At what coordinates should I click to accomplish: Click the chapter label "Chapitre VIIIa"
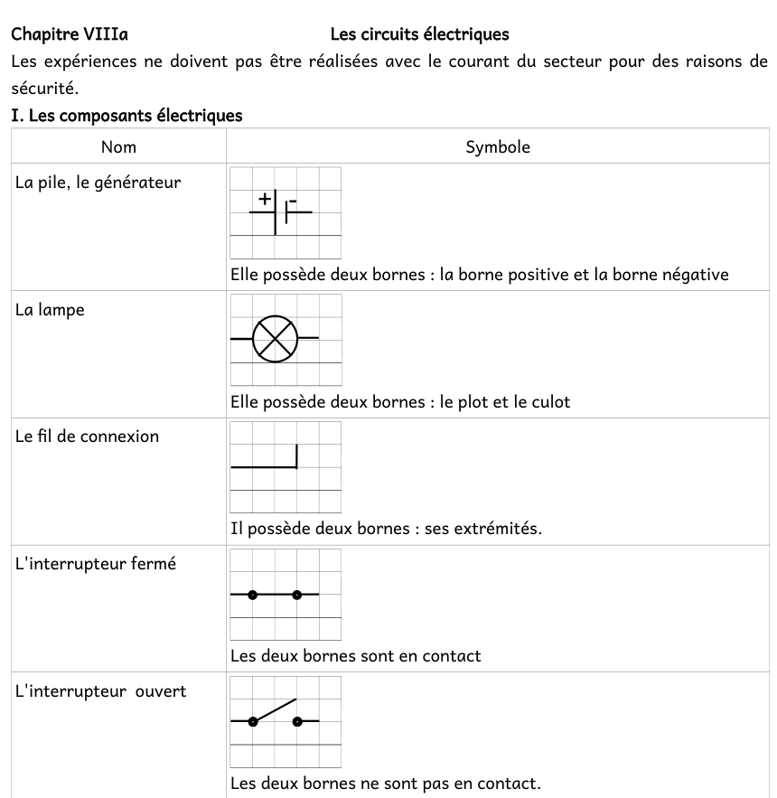coord(70,35)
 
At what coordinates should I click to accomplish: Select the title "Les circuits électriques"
coord(419,35)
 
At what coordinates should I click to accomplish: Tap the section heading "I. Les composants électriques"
coord(126,116)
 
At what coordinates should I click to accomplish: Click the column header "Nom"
coord(118,146)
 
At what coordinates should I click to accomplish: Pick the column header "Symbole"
coord(498,146)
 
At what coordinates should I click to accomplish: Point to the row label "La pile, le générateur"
coord(98,183)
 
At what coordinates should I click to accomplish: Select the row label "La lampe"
coord(50,310)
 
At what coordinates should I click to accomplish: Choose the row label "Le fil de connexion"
coord(88,437)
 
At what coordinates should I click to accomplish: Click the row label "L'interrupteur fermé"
coord(96,564)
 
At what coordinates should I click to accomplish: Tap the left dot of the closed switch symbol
coord(253,595)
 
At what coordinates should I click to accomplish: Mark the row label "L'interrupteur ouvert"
coord(101,691)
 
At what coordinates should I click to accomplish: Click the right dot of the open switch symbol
coord(297,721)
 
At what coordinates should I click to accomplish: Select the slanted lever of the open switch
coord(275,709)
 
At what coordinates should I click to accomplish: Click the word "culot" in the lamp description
coord(550,402)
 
